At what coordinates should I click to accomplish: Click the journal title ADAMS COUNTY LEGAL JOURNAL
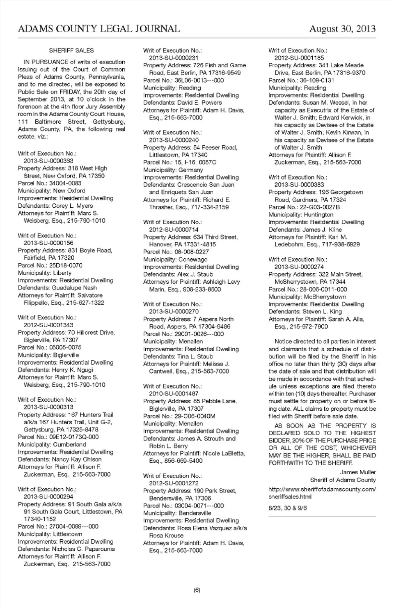coord(99,28)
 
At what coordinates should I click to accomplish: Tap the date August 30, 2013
coord(342,28)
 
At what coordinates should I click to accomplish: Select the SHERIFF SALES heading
coord(71,51)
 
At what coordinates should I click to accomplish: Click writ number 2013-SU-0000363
coord(48,161)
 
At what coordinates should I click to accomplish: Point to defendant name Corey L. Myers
coord(72,206)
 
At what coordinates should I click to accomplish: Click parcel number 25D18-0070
coord(66,265)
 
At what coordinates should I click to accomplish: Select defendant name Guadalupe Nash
coord(74,288)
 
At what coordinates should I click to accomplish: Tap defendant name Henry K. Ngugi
coord(73,370)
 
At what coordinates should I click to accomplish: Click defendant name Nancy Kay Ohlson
coord(77,460)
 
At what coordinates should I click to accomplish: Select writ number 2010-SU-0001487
coord(174,394)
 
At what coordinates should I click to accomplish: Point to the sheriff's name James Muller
coord(358,472)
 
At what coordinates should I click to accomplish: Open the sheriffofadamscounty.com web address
coord(322,493)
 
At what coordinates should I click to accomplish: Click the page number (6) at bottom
coord(197,590)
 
